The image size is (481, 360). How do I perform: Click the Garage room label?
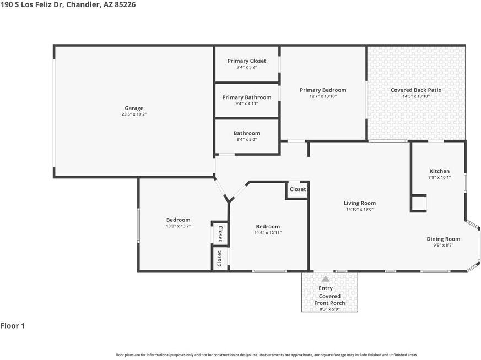pyautogui.click(x=134, y=108)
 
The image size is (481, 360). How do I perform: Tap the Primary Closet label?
pyautogui.click(x=247, y=61)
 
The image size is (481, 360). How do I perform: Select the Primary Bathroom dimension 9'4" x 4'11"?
pyautogui.click(x=247, y=103)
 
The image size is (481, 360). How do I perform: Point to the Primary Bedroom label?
pyautogui.click(x=323, y=90)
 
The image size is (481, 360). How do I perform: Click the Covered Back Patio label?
pyautogui.click(x=416, y=90)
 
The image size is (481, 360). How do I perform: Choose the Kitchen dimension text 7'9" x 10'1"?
pyautogui.click(x=440, y=177)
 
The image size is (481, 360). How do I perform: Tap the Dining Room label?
pyautogui.click(x=444, y=239)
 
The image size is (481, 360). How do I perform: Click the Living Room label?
pyautogui.click(x=360, y=203)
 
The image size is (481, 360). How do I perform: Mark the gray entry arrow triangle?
pyautogui.click(x=326, y=279)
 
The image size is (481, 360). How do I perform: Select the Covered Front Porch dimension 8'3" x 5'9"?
pyautogui.click(x=329, y=309)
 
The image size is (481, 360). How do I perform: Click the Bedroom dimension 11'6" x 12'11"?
pyautogui.click(x=268, y=233)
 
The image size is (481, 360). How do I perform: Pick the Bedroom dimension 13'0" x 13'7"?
pyautogui.click(x=178, y=226)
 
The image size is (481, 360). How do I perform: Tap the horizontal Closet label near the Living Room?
pyautogui.click(x=298, y=189)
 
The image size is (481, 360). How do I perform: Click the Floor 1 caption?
pyautogui.click(x=13, y=326)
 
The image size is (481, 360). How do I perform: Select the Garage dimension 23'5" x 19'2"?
pyautogui.click(x=134, y=114)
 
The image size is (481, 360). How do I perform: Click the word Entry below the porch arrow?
pyautogui.click(x=326, y=288)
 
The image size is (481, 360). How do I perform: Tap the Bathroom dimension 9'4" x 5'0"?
pyautogui.click(x=247, y=139)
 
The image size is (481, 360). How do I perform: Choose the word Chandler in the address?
pyautogui.click(x=83, y=4)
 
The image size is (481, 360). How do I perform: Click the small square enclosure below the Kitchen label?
pyautogui.click(x=418, y=203)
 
